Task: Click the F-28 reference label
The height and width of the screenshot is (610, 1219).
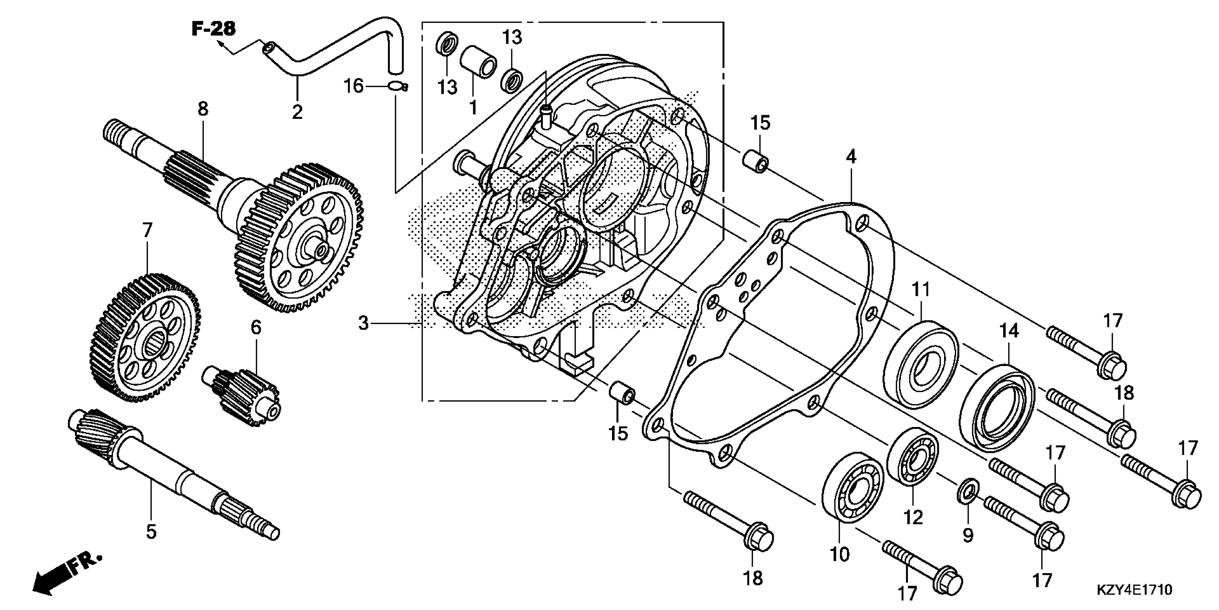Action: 213,29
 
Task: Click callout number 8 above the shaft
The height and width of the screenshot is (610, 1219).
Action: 203,109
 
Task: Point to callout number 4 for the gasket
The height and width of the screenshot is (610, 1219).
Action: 851,157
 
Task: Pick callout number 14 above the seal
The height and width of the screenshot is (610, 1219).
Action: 1009,331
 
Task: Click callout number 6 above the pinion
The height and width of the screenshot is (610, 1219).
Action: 256,327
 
